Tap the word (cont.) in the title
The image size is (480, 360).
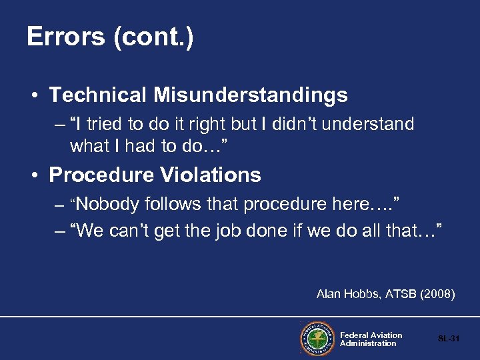coord(154,37)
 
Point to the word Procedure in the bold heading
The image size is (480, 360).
coord(102,175)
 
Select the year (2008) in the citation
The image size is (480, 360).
coord(438,294)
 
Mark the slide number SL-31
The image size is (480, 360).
coord(449,339)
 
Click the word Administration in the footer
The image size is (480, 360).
coord(368,343)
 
